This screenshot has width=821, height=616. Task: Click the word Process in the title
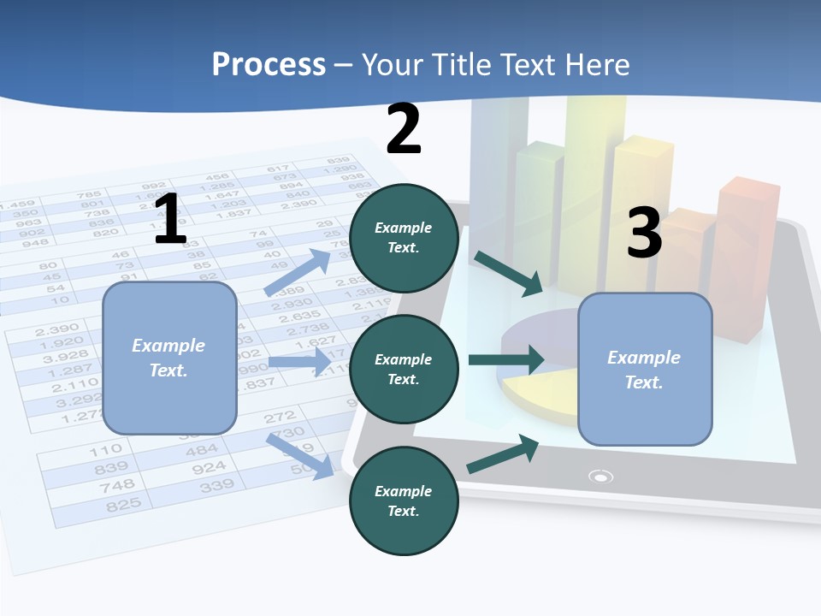click(x=269, y=64)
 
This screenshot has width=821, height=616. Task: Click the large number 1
click(x=170, y=219)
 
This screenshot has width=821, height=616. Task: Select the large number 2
click(x=404, y=129)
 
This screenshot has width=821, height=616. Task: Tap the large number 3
click(x=644, y=232)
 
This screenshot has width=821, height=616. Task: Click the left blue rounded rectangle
click(x=169, y=358)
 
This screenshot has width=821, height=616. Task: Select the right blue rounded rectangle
click(x=645, y=369)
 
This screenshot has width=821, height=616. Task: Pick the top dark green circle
click(x=404, y=237)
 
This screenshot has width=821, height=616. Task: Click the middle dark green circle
click(x=404, y=369)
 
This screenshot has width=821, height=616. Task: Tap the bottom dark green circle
click(x=404, y=500)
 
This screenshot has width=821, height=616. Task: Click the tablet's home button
click(x=602, y=477)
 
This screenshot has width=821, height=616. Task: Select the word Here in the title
click(x=598, y=64)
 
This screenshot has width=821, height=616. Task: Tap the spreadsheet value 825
click(x=123, y=505)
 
